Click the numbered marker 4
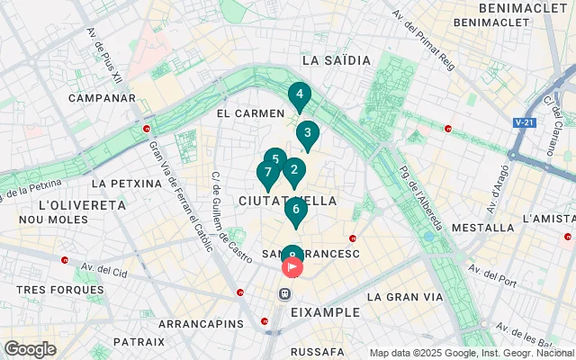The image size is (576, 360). click(300, 94)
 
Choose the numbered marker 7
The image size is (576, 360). click(267, 173)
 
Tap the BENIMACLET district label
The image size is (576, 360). click(524, 7)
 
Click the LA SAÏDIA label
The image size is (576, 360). click(337, 60)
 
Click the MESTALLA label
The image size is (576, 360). click(481, 229)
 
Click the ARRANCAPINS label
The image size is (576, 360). click(201, 323)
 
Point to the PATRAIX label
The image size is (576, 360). click(139, 342)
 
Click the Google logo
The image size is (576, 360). click(30, 348)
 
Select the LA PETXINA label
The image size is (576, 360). click(126, 183)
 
